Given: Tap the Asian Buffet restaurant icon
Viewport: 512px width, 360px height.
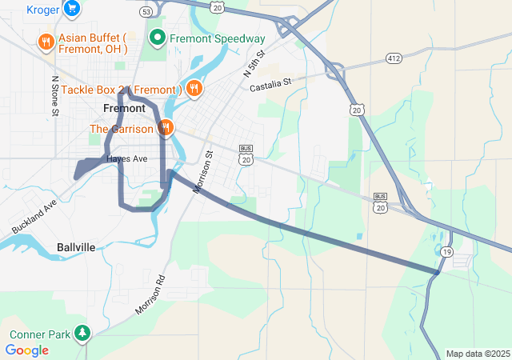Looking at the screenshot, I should pos(46,42).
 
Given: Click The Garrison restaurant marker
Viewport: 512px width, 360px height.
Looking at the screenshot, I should pos(166,128).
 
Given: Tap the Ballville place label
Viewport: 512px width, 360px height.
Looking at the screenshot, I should pos(76,248).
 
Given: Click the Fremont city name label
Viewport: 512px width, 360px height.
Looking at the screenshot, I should pos(124,109).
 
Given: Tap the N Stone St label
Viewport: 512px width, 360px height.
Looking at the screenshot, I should pos(55,97).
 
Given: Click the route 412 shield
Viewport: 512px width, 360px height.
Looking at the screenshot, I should pos(393,58).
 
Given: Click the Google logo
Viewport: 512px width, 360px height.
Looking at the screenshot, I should pos(26,350).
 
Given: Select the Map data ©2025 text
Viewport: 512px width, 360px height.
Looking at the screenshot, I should pos(478,354).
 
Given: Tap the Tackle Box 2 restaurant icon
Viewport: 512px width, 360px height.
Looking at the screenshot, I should pos(193,89).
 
